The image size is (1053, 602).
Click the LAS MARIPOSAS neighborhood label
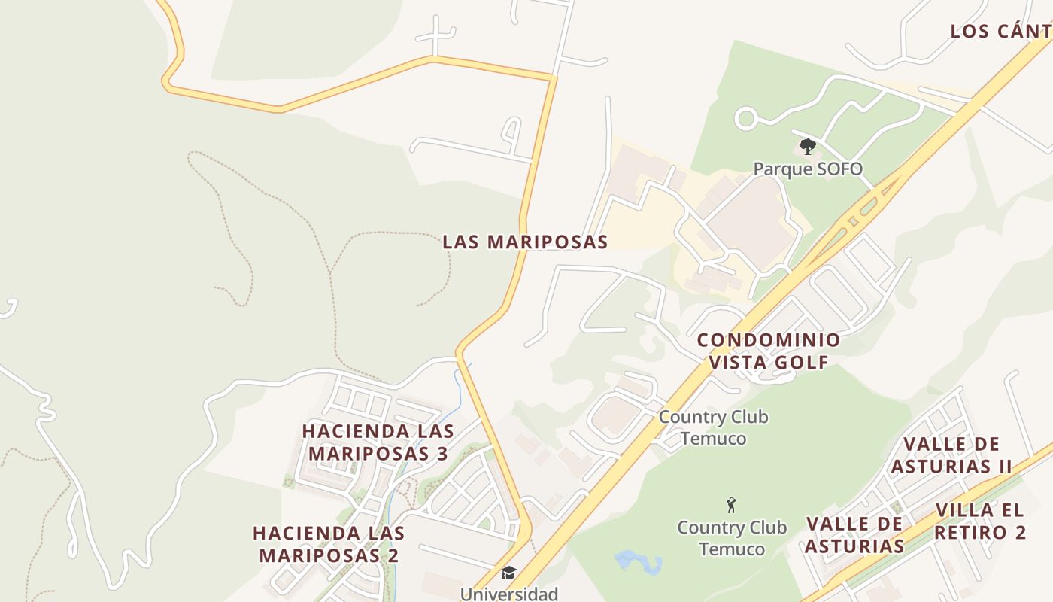pyautogui.click(x=525, y=242)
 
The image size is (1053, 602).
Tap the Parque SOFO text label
pyautogui.click(x=808, y=169)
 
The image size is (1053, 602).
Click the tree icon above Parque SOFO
pyautogui.click(x=808, y=146)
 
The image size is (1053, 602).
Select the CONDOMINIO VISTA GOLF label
pyautogui.click(x=769, y=351)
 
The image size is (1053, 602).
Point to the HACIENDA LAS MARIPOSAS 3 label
pyautogui.click(x=378, y=442)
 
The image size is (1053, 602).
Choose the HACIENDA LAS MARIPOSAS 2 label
pyautogui.click(x=329, y=544)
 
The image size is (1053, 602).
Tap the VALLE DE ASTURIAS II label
pyautogui.click(x=951, y=455)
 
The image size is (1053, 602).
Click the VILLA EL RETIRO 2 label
pyautogui.click(x=980, y=521)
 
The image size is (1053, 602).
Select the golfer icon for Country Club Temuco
pyautogui.click(x=730, y=505)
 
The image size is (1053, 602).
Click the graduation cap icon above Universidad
pyautogui.click(x=509, y=573)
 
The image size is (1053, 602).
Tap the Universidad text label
pyautogui.click(x=509, y=594)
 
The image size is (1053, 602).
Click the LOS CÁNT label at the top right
pyautogui.click(x=1000, y=32)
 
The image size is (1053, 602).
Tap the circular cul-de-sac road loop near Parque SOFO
pyautogui.click(x=745, y=118)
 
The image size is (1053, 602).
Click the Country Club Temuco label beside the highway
pyautogui.click(x=713, y=427)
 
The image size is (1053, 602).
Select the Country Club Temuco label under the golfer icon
pyautogui.click(x=732, y=538)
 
